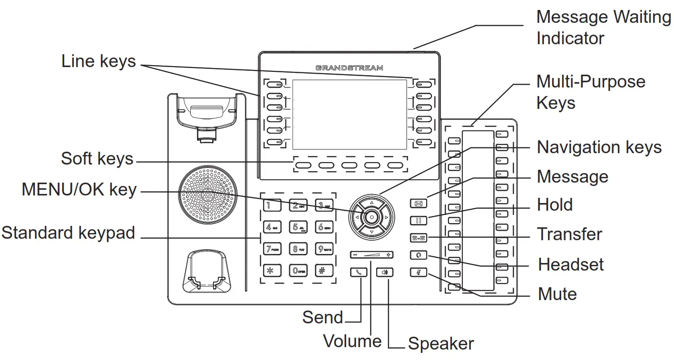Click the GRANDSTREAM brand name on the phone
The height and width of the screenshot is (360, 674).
349,68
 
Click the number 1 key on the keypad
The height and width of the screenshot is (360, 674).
270,206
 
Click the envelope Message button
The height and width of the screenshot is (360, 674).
418,204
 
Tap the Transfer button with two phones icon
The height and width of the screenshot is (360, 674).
418,238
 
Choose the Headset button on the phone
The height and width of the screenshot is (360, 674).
418,255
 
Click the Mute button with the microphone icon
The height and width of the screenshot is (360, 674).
418,273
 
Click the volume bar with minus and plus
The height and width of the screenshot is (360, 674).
371,255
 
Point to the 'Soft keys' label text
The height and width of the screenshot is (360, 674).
97,159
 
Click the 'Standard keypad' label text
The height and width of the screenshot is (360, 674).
68,233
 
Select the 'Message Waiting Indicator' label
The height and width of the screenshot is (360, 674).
603,28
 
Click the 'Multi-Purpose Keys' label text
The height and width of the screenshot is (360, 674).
590,92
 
